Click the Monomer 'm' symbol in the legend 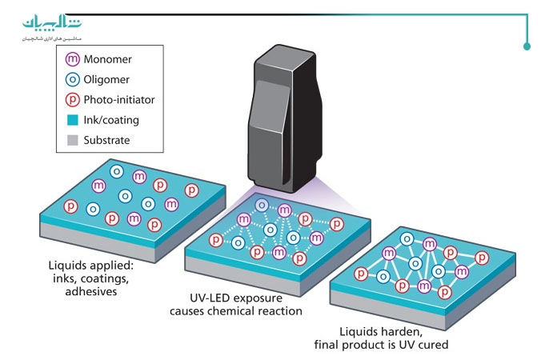[71, 59]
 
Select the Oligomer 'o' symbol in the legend [71, 79]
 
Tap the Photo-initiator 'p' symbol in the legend [71, 100]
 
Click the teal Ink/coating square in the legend [71, 120]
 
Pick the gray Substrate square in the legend [71, 140]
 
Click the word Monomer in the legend [108, 59]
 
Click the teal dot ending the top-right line [527, 46]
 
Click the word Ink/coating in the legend [112, 120]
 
